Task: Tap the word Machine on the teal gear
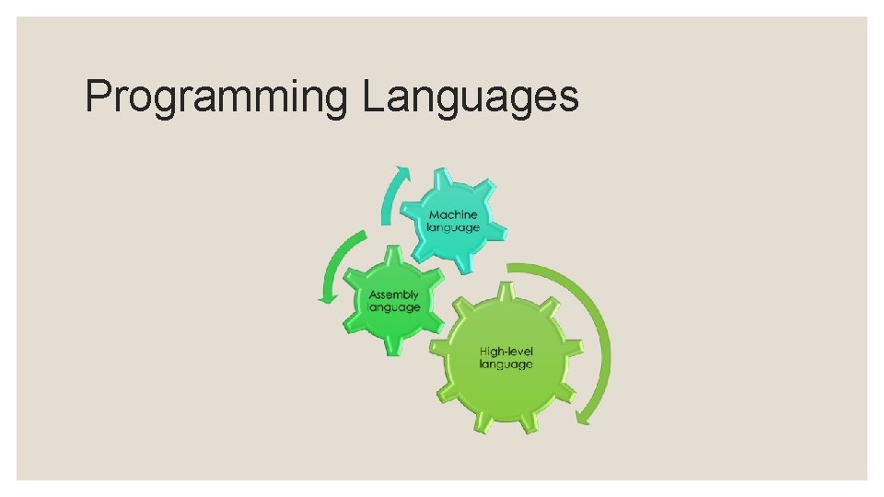(x=453, y=214)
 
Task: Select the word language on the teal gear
(x=453, y=227)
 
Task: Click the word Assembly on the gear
(x=394, y=295)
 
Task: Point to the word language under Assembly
(x=394, y=307)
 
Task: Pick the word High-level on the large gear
(x=506, y=351)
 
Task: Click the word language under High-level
(x=506, y=364)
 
